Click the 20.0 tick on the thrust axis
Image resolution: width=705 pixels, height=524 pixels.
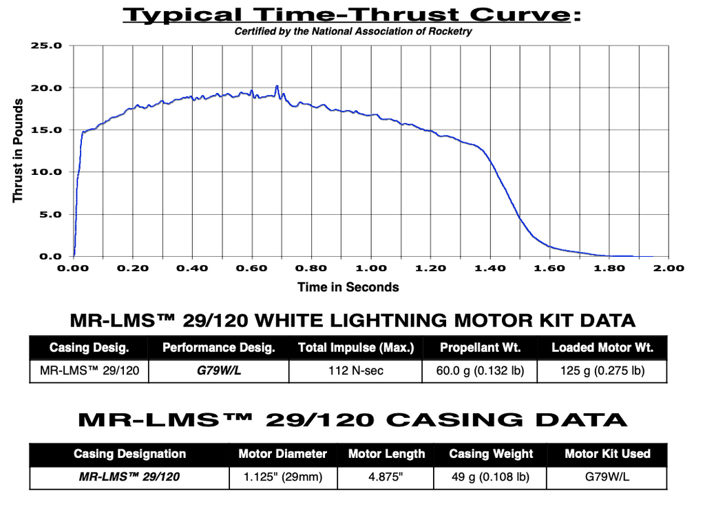point(48,88)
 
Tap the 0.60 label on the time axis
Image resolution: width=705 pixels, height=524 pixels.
point(252,268)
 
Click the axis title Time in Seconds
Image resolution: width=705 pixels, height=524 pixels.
point(348,287)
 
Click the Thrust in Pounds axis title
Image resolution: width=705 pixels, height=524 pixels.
point(19,151)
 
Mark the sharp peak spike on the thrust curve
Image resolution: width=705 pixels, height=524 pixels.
point(277,87)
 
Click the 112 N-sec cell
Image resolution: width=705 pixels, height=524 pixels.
point(355,371)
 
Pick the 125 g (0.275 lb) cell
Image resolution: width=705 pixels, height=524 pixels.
point(602,371)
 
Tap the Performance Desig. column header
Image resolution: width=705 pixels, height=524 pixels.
point(218,348)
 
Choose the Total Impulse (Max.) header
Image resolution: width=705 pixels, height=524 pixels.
point(355,348)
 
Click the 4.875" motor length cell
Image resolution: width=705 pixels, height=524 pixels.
point(386,477)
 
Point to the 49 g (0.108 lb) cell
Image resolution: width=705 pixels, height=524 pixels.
point(490,477)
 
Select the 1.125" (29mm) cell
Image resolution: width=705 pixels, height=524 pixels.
point(283,477)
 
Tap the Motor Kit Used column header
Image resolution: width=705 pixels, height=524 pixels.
point(607,454)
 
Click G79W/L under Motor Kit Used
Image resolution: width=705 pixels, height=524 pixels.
point(607,477)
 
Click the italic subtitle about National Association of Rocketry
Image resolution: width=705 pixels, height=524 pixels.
point(353,31)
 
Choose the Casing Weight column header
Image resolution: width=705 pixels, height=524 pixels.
point(491,454)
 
